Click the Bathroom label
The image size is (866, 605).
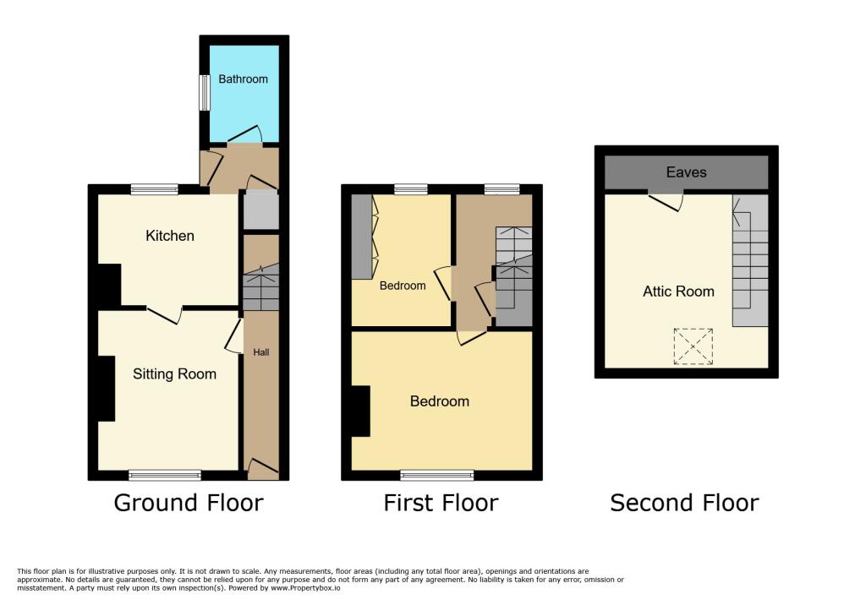[x=243, y=79]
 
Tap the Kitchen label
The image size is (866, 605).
[x=170, y=236]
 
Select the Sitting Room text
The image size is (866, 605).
[x=174, y=373]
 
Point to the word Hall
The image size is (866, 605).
[x=260, y=352]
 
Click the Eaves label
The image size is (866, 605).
[x=686, y=172]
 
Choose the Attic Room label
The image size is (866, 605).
[x=678, y=292]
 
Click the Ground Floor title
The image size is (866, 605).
[x=189, y=503]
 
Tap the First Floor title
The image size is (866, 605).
[x=441, y=503]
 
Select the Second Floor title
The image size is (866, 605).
[x=684, y=503]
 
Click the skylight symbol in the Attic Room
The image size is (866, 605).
[x=693, y=346]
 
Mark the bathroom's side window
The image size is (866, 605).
[x=204, y=93]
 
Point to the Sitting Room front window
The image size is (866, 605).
[x=165, y=475]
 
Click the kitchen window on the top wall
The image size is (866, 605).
[x=154, y=189]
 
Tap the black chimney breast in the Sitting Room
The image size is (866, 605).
[x=106, y=388]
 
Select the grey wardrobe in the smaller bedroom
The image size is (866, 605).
[x=361, y=236]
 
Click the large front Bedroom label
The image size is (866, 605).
[x=439, y=401]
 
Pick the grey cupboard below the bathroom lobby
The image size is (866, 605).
[x=260, y=210]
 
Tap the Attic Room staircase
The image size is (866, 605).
[x=750, y=262]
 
